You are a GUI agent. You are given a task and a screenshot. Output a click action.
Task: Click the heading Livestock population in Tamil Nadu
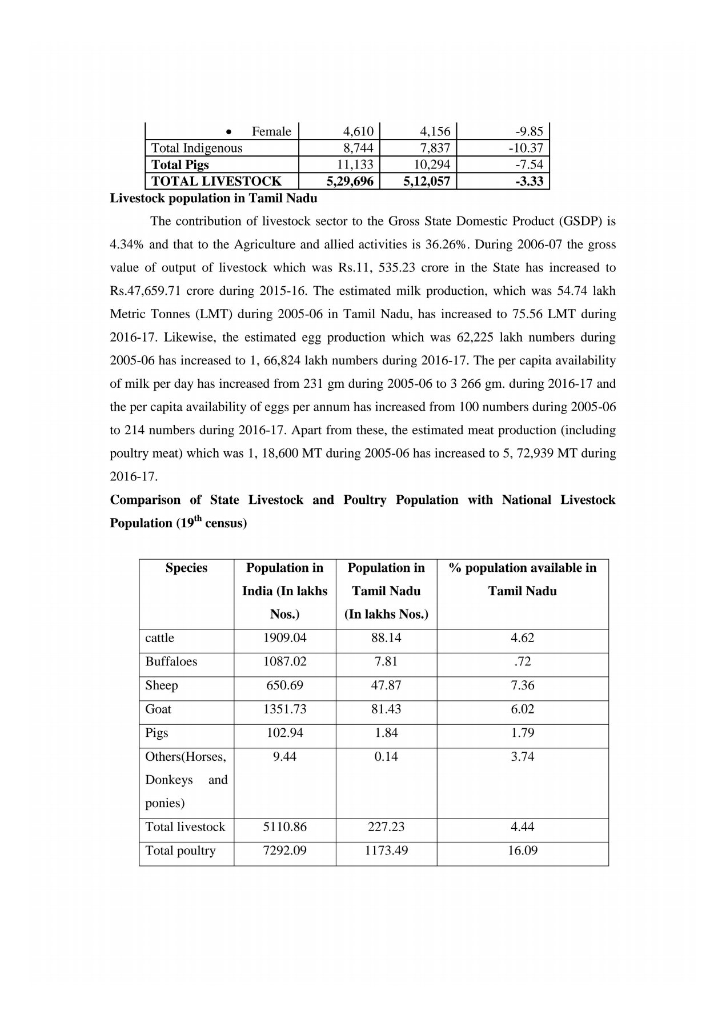click(213, 199)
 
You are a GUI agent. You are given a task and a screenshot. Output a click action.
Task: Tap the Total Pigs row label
click(180, 165)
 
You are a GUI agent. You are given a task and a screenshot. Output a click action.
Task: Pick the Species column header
click(186, 568)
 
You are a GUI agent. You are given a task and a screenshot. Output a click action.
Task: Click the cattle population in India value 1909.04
click(284, 638)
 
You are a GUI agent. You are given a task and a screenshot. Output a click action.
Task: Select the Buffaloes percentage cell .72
click(522, 661)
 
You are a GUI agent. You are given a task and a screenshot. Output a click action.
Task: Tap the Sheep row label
click(162, 685)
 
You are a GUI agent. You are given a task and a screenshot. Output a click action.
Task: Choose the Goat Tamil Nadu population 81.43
click(386, 709)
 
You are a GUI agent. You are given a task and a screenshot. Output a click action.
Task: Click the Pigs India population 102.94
click(284, 733)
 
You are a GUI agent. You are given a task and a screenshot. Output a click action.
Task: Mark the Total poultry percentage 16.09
click(522, 851)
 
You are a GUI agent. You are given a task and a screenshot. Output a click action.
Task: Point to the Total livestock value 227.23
click(386, 827)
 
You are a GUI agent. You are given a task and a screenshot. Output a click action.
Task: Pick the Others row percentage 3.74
click(522, 757)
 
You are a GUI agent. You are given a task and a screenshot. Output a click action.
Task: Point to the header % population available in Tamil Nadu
click(522, 579)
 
